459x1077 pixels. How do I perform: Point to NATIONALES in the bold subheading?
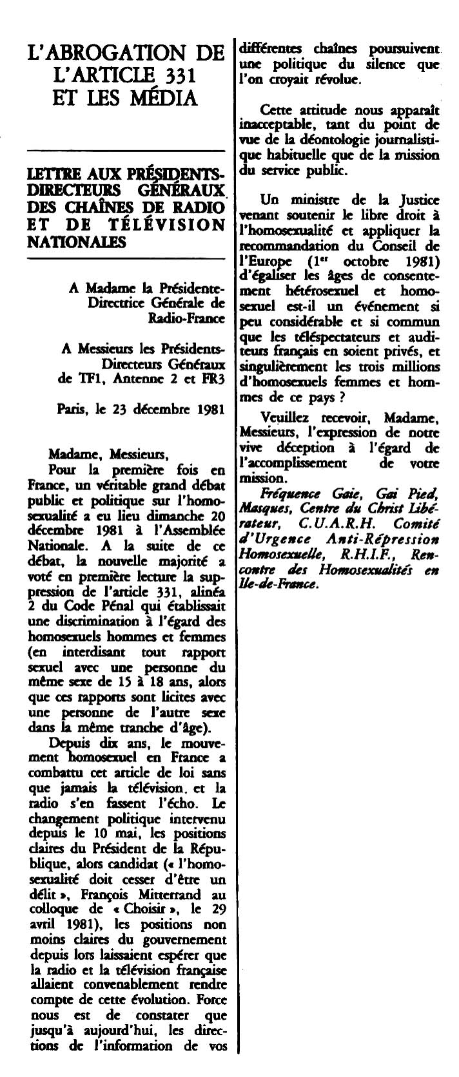[x=77, y=241]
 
